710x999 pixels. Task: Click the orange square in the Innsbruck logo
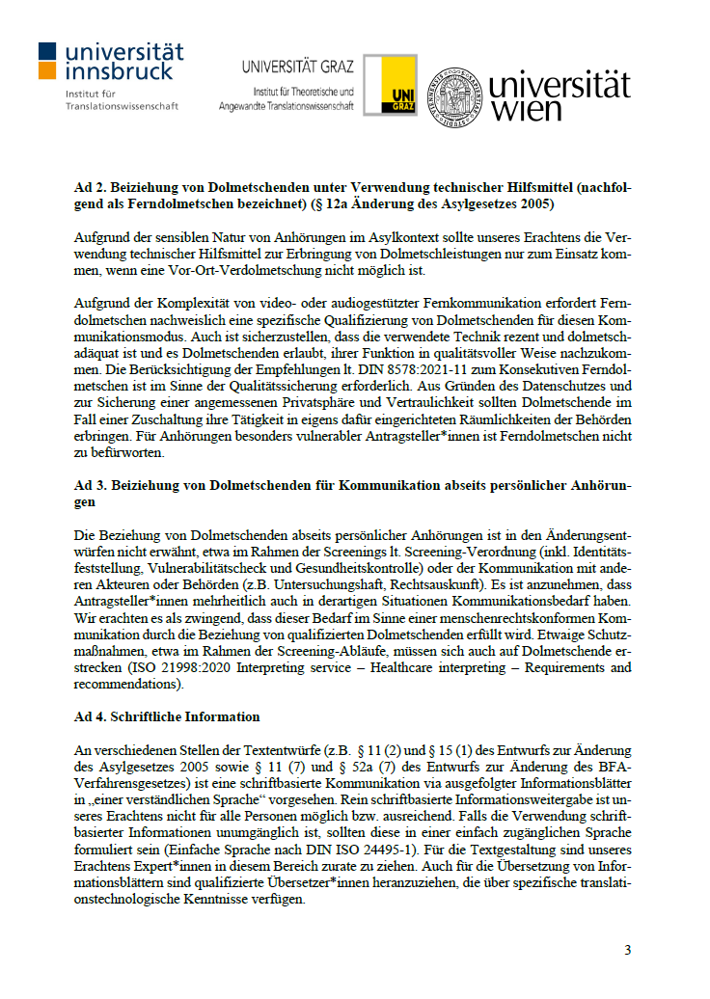coord(47,70)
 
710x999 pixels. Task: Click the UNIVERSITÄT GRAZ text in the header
coord(298,67)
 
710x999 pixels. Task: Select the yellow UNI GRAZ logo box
coord(397,86)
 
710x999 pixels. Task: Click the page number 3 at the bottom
coord(627,950)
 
